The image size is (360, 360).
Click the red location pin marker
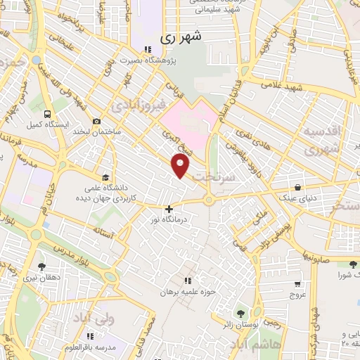(x=181, y=167)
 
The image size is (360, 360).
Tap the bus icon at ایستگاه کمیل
(x=47, y=113)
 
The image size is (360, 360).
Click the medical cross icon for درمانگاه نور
(x=169, y=209)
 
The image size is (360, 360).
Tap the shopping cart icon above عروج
(x=298, y=284)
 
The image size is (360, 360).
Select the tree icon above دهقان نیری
(x=41, y=266)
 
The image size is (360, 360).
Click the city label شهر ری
(x=181, y=39)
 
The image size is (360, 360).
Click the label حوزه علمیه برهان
(x=188, y=291)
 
